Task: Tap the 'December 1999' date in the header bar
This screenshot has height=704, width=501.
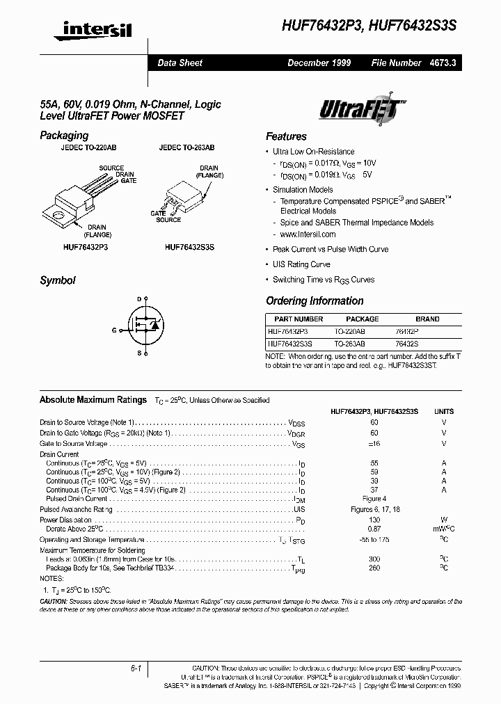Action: (x=319, y=63)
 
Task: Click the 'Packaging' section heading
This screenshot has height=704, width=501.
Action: (x=64, y=136)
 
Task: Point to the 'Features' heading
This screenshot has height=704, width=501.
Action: (x=286, y=136)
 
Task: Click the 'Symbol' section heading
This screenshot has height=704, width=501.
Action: (x=58, y=281)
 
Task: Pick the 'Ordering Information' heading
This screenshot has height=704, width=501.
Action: (x=315, y=301)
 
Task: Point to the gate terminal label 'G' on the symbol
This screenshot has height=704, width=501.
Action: (x=114, y=330)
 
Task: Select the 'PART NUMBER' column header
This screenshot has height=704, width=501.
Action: (x=294, y=319)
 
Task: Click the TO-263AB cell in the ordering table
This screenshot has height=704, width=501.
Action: (x=349, y=344)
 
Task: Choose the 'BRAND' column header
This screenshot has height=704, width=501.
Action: (x=427, y=319)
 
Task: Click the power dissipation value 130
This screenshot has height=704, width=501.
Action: (x=374, y=520)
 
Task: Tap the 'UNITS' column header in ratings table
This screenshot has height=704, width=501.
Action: (x=444, y=412)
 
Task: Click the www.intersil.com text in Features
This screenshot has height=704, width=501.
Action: (x=308, y=234)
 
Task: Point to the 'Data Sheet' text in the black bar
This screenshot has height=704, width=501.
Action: (x=180, y=63)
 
